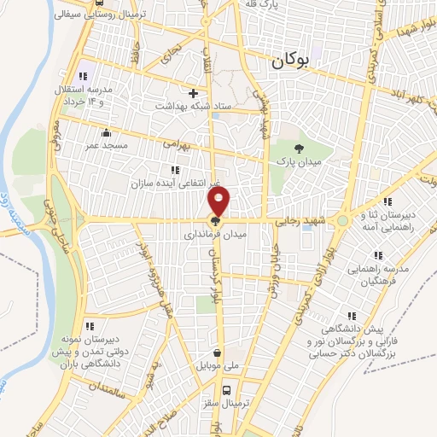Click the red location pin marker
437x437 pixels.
point(219,202)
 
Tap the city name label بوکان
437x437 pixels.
point(291,61)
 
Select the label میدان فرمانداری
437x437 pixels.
point(217,232)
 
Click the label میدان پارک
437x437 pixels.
point(297,162)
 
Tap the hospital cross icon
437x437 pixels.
point(193,92)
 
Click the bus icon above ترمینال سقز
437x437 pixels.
point(226,391)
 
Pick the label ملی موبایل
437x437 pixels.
point(218,365)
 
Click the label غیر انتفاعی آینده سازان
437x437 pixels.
point(176,184)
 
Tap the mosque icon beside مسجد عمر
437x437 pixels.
point(105,133)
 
